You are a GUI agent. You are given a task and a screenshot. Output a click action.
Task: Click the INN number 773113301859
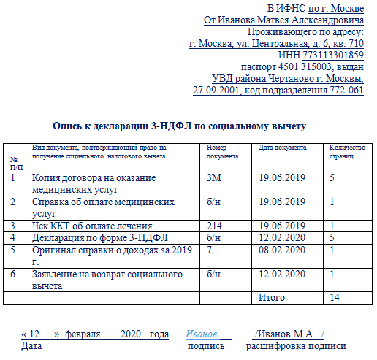(x=333, y=55)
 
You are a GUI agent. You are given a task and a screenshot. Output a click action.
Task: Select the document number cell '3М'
(x=214, y=177)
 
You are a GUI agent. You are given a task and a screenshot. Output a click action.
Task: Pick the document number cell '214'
(x=215, y=226)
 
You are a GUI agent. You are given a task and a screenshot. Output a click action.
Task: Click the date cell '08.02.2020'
(x=282, y=250)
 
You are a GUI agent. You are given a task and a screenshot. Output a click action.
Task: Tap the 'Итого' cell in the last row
(x=272, y=298)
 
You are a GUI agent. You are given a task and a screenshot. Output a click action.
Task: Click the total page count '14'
(x=335, y=298)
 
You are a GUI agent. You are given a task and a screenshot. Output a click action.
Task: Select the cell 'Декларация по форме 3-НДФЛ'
(x=99, y=238)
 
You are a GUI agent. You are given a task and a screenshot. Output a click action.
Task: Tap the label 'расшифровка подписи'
(x=296, y=345)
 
